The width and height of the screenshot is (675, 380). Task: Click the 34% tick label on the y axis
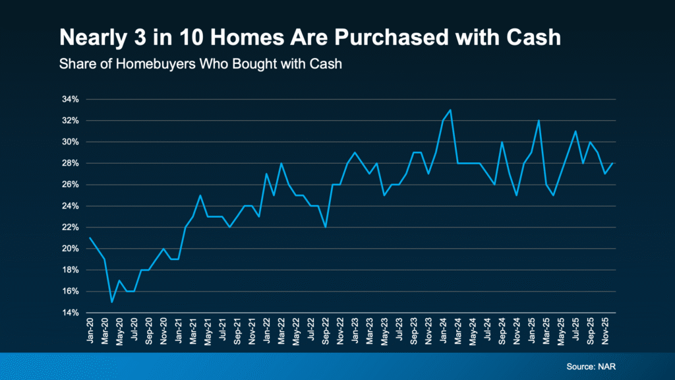[71, 100]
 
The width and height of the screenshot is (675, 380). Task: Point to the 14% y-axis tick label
[71, 313]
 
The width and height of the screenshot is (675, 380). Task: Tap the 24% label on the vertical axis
[71, 206]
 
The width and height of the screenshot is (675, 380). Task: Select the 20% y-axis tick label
[71, 249]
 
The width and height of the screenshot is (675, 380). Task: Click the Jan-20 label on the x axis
[90, 330]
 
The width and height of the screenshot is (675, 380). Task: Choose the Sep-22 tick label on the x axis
[326, 330]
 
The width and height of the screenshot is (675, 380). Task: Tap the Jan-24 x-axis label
[444, 330]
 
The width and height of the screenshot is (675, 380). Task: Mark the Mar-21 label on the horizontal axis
[193, 330]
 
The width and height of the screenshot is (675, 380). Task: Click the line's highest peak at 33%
[450, 110]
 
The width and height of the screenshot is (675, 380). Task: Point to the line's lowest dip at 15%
[112, 301]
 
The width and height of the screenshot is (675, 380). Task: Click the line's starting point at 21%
[90, 238]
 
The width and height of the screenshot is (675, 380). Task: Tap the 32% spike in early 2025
[539, 121]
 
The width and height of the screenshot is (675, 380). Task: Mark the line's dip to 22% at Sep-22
[326, 227]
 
